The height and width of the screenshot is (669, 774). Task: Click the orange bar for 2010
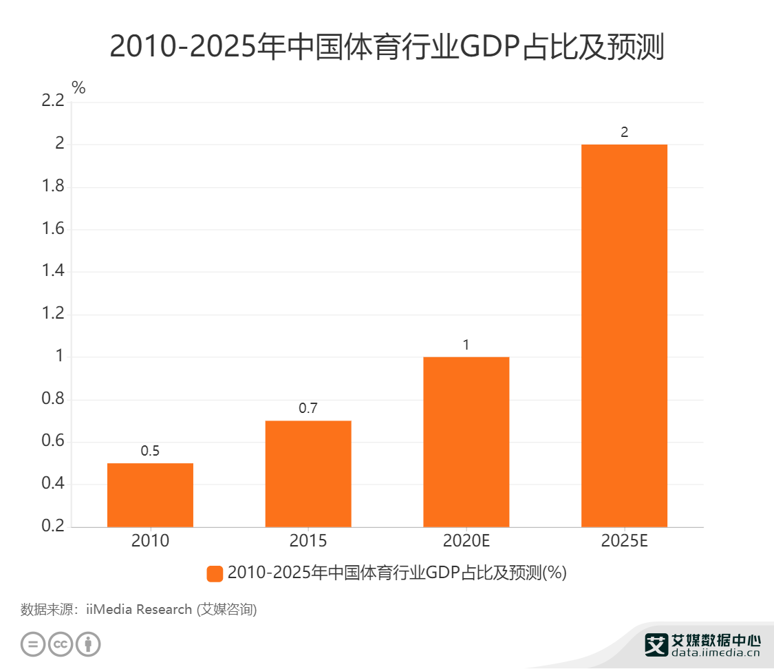[x=150, y=495]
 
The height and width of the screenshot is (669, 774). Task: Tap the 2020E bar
[x=466, y=442]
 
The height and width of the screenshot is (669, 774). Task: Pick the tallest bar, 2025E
[x=624, y=336]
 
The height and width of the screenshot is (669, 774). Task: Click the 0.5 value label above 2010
[x=150, y=452]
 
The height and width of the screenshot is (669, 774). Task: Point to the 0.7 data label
[x=308, y=409]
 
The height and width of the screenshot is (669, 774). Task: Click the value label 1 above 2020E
[x=466, y=345]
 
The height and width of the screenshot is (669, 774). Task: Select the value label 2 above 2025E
[x=624, y=132]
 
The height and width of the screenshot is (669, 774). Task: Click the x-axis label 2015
[x=308, y=541]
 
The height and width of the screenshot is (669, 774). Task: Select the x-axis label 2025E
[x=624, y=541]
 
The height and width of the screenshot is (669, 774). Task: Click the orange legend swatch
[x=215, y=573]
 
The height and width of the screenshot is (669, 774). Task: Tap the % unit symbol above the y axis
[x=78, y=87]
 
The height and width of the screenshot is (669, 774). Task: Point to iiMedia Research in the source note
[x=139, y=609]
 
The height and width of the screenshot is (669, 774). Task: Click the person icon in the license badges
[x=88, y=644]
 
